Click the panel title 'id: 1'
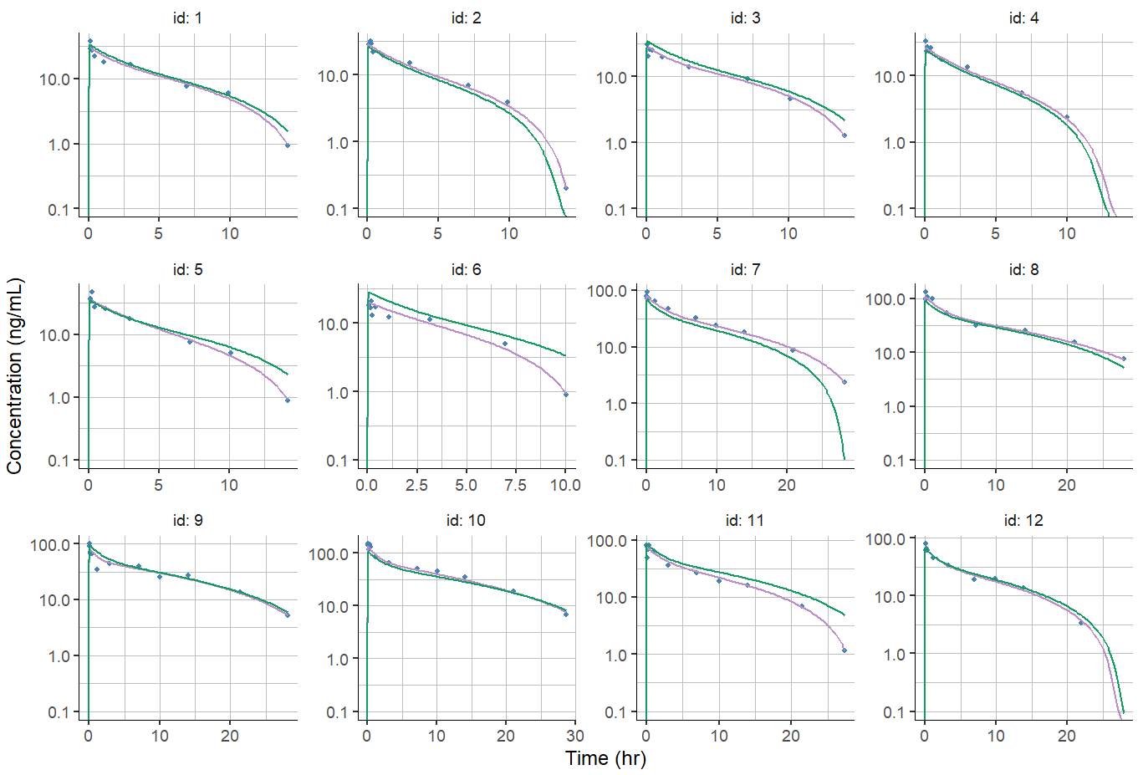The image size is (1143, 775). click(x=187, y=18)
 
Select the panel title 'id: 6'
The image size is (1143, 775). click(x=466, y=269)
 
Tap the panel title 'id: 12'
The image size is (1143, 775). click(x=1023, y=520)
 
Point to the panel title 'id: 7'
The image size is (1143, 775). click(x=745, y=269)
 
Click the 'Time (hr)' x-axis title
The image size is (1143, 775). click(x=605, y=758)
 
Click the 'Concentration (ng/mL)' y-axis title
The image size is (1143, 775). click(x=14, y=376)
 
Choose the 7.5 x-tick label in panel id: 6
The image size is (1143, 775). click(x=515, y=485)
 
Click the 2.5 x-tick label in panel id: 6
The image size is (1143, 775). click(x=416, y=485)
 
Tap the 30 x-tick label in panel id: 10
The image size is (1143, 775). click(x=575, y=736)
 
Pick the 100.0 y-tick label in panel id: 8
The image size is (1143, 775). click(x=887, y=298)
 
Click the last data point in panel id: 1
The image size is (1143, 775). click(x=288, y=145)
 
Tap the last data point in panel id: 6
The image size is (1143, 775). click(x=566, y=395)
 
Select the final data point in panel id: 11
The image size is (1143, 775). click(x=844, y=650)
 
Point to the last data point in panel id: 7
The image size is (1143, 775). click(x=844, y=382)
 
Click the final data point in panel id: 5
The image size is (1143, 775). click(x=288, y=400)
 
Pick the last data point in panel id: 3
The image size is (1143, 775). click(x=844, y=135)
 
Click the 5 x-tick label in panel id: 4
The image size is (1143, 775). click(x=995, y=233)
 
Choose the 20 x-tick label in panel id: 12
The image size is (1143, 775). click(x=1067, y=736)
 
